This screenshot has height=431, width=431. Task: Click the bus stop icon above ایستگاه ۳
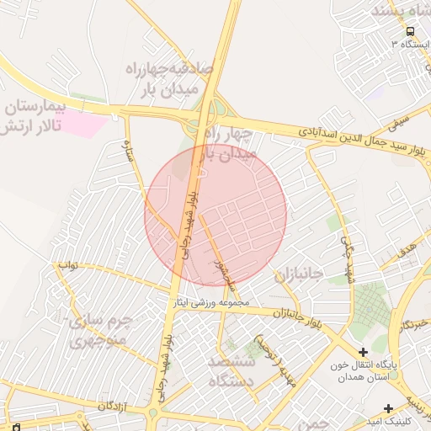tap(410, 31)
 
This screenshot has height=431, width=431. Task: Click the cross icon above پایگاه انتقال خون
tap(363, 352)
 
